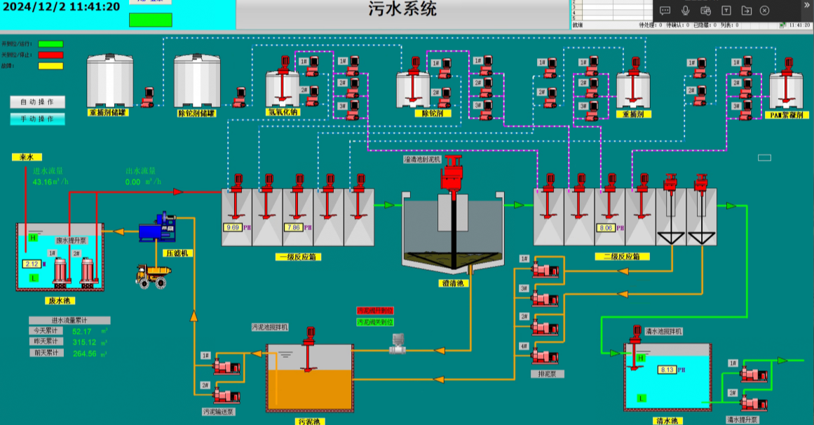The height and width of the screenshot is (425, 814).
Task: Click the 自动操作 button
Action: (x=38, y=102)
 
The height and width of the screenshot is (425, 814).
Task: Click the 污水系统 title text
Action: (x=402, y=9)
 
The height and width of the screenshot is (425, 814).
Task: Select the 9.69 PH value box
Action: (x=232, y=227)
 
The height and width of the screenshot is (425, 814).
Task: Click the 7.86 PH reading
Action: (x=292, y=227)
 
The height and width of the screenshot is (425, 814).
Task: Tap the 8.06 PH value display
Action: (x=605, y=227)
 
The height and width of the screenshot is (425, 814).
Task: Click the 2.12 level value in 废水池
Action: (x=32, y=264)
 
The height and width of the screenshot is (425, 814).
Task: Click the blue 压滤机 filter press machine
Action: (x=159, y=229)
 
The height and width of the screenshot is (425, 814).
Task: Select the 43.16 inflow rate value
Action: (x=48, y=182)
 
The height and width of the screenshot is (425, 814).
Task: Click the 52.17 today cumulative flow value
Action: (x=82, y=331)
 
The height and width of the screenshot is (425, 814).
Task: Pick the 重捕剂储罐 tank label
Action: (x=107, y=113)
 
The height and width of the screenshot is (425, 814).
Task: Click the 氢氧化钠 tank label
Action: (x=283, y=112)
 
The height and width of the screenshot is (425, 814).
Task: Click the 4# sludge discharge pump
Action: (x=545, y=355)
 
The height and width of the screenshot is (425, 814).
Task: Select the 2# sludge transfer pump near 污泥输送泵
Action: (x=226, y=394)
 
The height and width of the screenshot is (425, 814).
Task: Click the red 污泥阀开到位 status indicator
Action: (x=375, y=310)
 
